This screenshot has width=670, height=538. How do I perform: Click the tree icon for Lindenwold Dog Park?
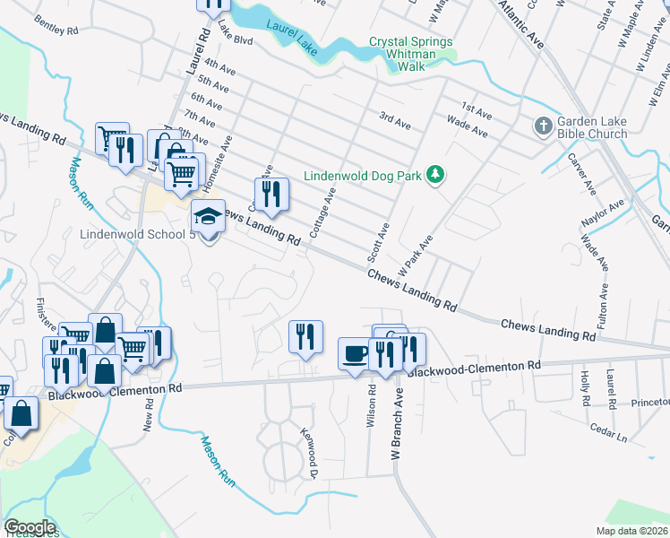[x=435, y=173]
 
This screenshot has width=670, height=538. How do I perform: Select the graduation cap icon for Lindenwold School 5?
[x=208, y=217]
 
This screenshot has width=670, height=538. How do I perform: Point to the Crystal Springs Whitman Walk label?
[x=411, y=48]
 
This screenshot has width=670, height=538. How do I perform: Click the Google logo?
[x=30, y=526]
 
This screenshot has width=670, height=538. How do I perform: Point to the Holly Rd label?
[x=584, y=384]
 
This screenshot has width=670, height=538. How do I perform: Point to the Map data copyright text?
[x=631, y=531]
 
